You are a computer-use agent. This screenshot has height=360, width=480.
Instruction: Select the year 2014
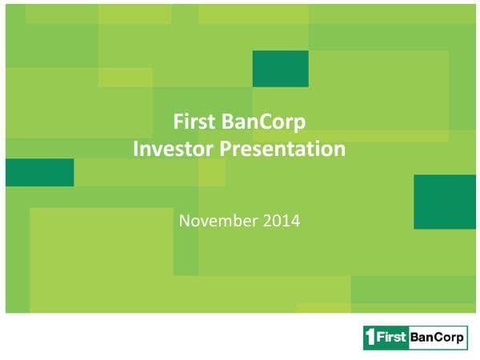(282, 218)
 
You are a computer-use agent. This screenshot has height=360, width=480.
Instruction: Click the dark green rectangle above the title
(280, 68)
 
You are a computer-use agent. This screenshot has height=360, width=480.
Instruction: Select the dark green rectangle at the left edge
(39, 172)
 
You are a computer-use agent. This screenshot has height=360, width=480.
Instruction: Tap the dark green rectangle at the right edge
(445, 202)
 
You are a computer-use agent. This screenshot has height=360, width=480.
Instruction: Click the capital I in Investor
(136, 148)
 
